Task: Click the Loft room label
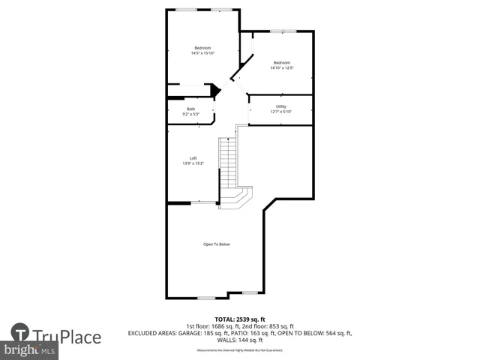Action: coord(193,158)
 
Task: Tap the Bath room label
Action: coord(191,109)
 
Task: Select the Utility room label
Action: coord(281,106)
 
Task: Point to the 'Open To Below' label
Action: coord(217,244)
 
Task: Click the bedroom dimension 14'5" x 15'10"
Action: coord(203,53)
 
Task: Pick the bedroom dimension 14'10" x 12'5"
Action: coord(281,67)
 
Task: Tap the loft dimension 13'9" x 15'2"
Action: coord(193,163)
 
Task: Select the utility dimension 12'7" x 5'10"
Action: coord(281,112)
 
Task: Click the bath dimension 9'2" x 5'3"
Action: coord(191,115)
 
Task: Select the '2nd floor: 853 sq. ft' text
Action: coord(266,326)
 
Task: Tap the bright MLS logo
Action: coord(30,350)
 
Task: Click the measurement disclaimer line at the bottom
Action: coord(239,349)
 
